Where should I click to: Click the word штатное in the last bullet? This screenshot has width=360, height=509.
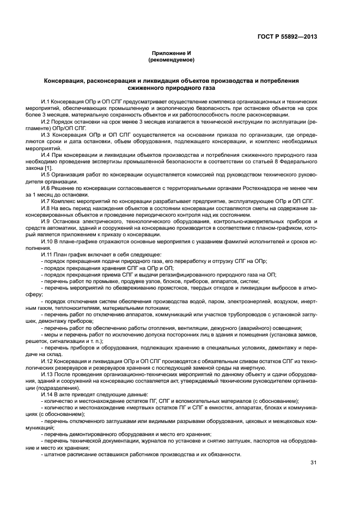[55, 454]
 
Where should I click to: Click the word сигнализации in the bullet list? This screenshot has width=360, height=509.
[64, 340]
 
